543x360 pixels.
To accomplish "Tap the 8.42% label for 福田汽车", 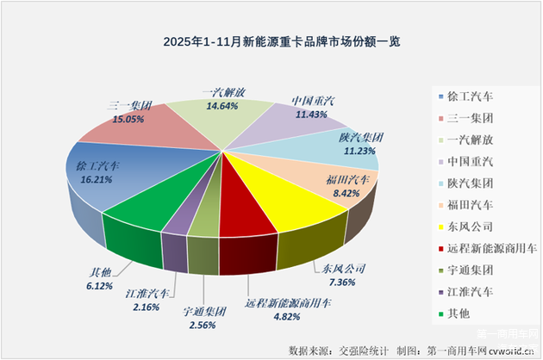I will [351, 195].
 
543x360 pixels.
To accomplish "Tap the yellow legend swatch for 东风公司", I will [442, 227].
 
